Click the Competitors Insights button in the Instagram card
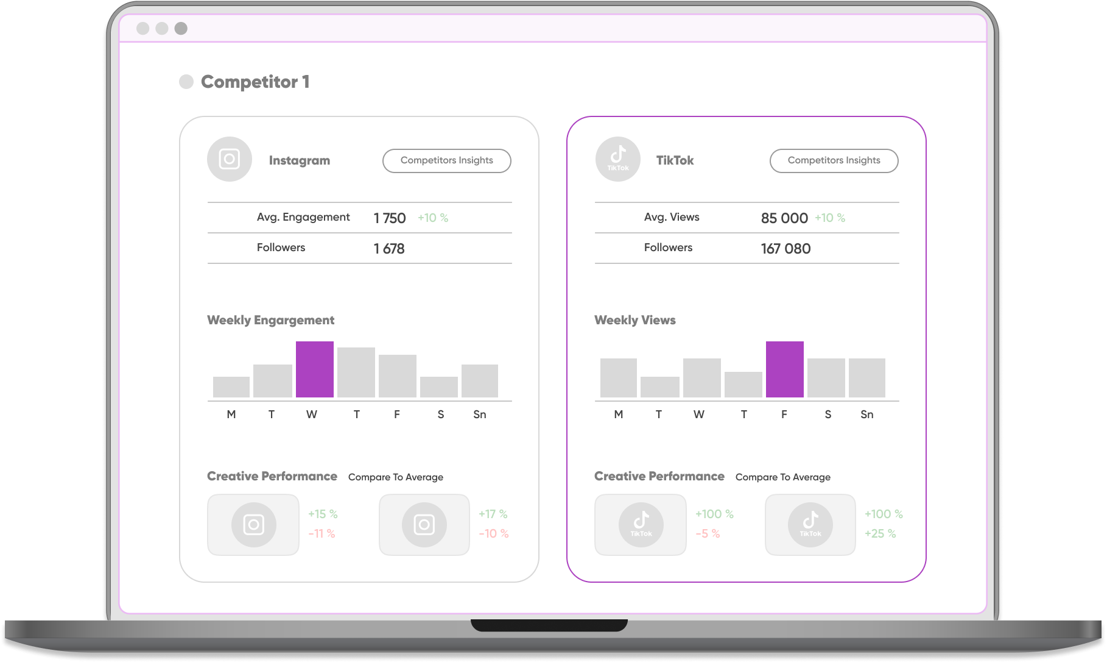[446, 161]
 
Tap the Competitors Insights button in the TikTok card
[834, 161]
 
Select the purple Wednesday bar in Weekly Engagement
[314, 369]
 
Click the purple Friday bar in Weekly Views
[784, 369]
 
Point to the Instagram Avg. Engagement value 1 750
[390, 218]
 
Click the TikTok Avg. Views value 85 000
[784, 218]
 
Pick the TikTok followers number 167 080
[785, 249]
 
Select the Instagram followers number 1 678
[389, 249]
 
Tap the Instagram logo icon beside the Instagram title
[230, 159]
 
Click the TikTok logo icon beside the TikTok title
[617, 159]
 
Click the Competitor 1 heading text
[255, 82]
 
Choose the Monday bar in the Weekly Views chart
[618, 378]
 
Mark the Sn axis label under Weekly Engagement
[480, 415]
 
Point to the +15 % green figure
[323, 514]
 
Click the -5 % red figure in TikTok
[708, 534]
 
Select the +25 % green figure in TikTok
[880, 534]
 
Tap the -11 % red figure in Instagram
[322, 534]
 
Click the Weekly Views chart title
[634, 320]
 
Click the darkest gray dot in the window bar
[181, 29]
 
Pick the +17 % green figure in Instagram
[493, 514]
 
